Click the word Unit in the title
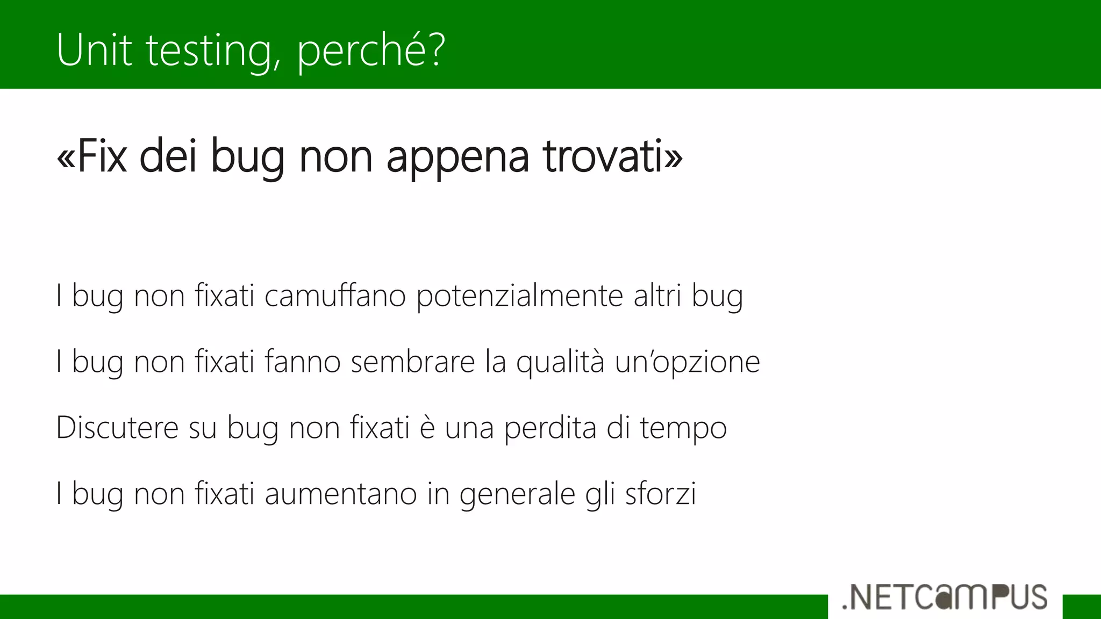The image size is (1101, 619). coord(94,50)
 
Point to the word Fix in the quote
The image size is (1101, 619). coord(102,156)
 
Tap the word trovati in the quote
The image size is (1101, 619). coord(603,156)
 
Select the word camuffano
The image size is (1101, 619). coord(335,296)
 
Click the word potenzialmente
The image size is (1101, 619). coord(519,297)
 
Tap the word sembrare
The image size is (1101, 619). coord(413,362)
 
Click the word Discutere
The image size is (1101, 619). coord(117,428)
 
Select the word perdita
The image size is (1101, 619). coord(550,428)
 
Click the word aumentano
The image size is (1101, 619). coord(341,494)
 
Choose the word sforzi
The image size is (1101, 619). coord(661,494)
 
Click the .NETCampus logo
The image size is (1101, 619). coord(945,598)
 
